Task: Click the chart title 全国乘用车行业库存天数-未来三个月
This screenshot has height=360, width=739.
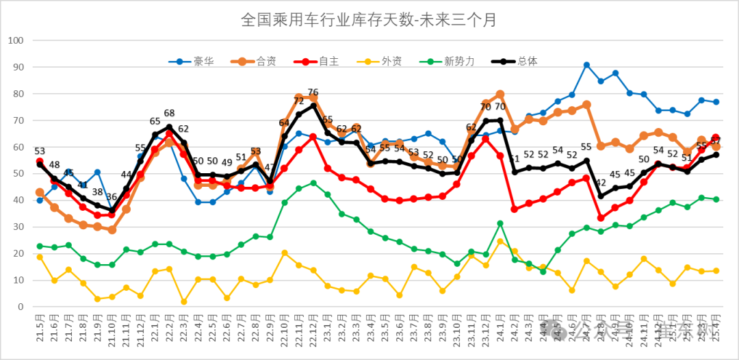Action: (369, 20)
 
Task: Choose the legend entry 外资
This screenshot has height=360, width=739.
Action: (391, 62)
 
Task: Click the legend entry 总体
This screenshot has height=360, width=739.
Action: (528, 62)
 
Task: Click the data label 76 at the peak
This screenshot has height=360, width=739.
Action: (313, 92)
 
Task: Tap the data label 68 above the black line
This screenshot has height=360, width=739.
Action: (169, 114)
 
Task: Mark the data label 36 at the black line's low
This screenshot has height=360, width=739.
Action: (112, 198)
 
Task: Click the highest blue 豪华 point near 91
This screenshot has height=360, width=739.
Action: (586, 65)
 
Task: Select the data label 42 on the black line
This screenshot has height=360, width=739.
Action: (601, 183)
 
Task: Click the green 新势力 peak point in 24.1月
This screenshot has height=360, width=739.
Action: (500, 224)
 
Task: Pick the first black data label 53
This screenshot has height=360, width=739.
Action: (40, 151)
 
